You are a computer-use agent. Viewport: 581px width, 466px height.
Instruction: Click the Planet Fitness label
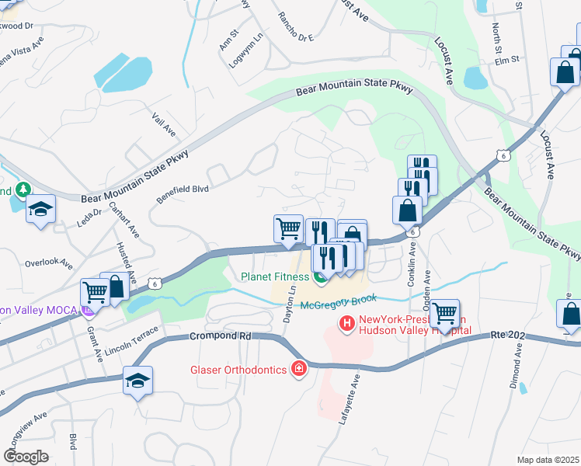tap(275, 276)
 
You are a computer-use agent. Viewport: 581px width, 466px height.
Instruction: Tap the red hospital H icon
tap(346, 321)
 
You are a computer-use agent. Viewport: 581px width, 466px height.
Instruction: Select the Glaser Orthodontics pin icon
tap(298, 369)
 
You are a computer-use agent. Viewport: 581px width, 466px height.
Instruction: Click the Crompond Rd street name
tap(221, 336)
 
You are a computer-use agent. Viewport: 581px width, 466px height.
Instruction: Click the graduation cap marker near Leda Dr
tap(40, 209)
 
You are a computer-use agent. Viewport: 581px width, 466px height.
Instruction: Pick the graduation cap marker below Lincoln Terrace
tap(137, 381)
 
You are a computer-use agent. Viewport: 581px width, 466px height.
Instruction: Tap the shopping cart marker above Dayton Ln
tap(288, 229)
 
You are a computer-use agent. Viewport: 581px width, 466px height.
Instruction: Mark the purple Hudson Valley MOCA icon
tap(87, 311)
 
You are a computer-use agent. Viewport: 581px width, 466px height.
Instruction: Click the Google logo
tap(26, 457)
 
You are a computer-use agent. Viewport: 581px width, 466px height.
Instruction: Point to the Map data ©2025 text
tap(548, 460)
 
